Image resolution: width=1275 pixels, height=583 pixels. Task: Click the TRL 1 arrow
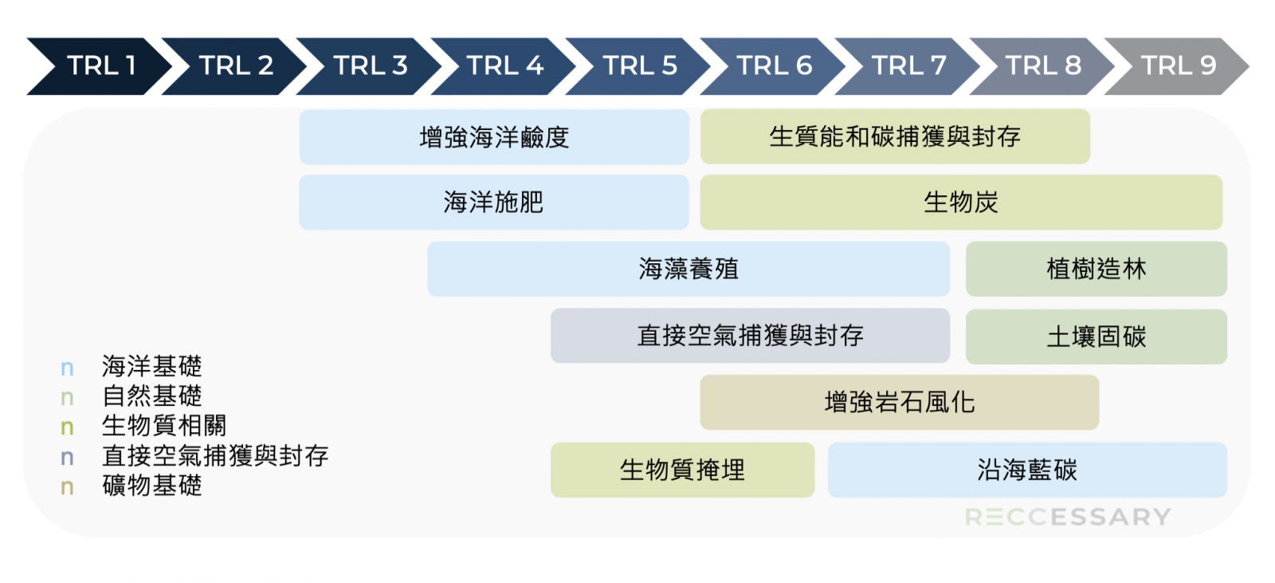99,66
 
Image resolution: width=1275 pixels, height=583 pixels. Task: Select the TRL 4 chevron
503,66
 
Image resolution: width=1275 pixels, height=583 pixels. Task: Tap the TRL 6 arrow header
772,66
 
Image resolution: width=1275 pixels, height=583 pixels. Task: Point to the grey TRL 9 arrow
1176,66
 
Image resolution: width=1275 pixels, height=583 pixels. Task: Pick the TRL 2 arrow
234,66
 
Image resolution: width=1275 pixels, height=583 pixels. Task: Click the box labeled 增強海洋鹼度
494,136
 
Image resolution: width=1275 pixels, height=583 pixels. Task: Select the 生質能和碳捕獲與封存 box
895,136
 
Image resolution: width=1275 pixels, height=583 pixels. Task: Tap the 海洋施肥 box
494,203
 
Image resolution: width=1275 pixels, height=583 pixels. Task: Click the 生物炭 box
961,203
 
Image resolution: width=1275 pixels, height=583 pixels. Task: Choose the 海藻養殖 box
688,269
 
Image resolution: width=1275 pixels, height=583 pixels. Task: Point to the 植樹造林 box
1096,269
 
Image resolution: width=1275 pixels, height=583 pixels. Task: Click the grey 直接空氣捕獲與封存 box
750,336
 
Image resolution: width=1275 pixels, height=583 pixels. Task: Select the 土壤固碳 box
1096,337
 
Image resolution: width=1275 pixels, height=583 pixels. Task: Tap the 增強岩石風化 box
900,402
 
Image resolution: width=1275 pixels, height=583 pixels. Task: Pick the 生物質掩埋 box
682,471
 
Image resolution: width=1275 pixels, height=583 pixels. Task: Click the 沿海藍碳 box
1027,471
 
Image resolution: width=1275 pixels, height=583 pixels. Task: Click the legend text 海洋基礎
152,366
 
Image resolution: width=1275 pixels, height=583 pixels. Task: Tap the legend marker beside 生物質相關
67,427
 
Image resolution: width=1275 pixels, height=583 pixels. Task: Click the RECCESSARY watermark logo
1069,517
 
